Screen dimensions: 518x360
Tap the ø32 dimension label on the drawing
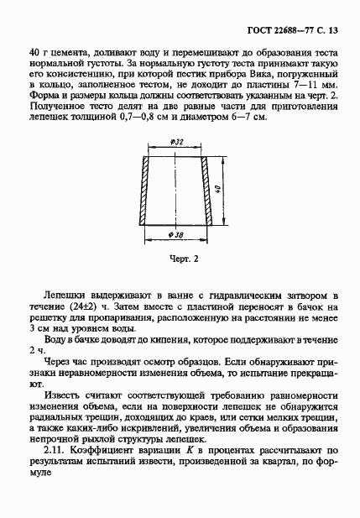(x=177, y=143)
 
